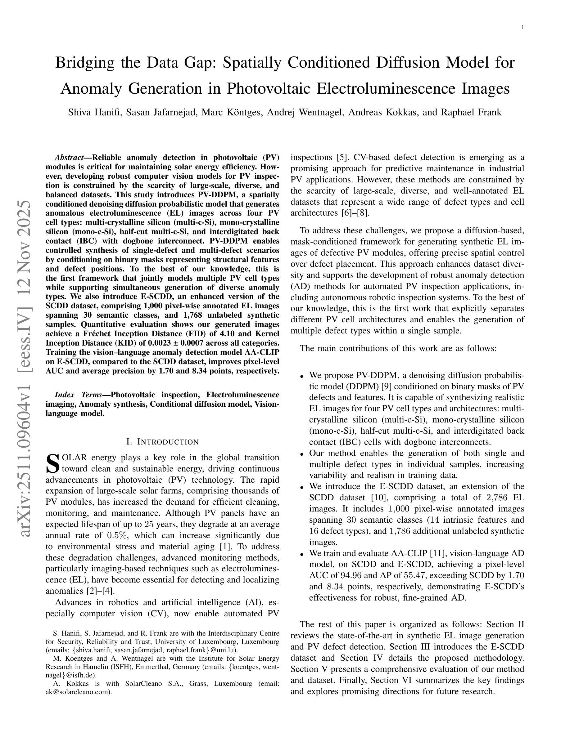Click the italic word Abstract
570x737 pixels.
69,158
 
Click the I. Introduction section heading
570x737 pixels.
162,442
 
